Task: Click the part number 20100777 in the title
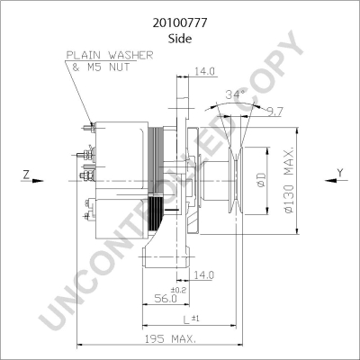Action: click(180, 23)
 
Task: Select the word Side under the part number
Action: click(180, 39)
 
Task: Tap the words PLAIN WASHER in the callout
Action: click(110, 55)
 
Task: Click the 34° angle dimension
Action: click(236, 94)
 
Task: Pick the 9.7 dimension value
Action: click(275, 112)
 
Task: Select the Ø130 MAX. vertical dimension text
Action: click(289, 180)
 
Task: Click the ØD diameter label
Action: click(262, 179)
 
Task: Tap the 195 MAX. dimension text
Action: click(171, 339)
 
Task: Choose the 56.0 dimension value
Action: click(166, 299)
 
